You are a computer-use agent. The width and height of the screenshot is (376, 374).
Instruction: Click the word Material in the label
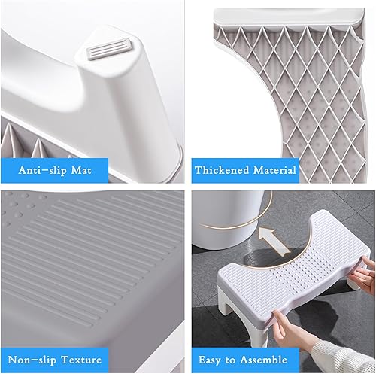tap(274, 169)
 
